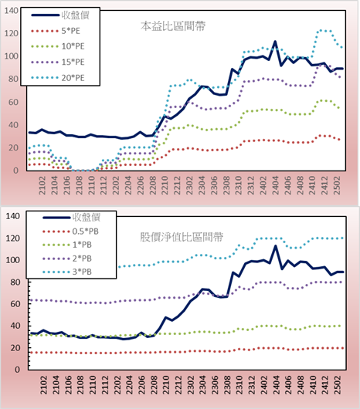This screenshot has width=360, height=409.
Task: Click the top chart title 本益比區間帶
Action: pos(173,26)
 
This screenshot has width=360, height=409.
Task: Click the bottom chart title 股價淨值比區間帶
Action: pos(182,237)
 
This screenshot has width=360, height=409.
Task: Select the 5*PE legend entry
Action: pos(56,31)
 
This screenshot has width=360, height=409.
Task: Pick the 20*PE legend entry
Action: pos(58,78)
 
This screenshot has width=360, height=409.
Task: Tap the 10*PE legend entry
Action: pos(58,46)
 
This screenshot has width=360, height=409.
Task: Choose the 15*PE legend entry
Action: pos(58,62)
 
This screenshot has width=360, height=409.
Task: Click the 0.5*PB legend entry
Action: pos(70,232)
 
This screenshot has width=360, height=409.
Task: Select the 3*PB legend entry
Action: pos(67,272)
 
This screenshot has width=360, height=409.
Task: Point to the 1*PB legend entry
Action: pos(67,245)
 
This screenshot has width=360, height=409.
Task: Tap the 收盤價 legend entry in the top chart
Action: pos(60,15)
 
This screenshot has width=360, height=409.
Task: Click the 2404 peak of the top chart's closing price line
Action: pos(275,42)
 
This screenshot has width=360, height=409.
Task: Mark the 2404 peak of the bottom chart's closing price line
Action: pos(276,245)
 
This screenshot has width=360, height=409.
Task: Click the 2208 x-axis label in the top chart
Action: pos(153,185)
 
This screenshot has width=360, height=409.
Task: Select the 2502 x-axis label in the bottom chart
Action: pos(338,385)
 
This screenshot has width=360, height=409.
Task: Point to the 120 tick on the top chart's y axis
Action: pos(12,33)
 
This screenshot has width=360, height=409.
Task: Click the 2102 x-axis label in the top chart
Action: pos(42,185)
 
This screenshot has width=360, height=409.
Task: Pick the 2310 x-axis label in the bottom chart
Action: pos(239,385)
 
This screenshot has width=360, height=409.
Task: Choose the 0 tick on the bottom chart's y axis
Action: pos(17,370)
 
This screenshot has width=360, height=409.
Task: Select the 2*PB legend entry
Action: pos(67,259)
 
